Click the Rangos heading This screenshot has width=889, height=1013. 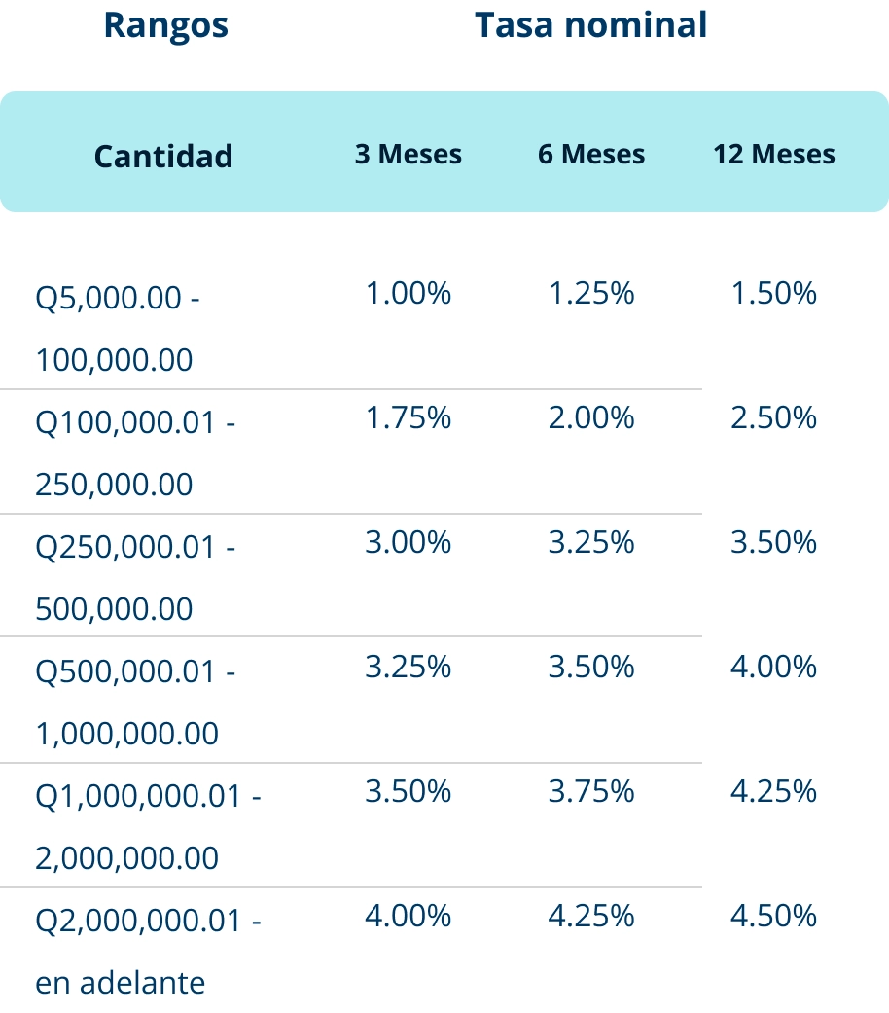coord(166,26)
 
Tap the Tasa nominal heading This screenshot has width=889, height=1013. coord(590,25)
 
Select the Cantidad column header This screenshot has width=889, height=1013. coord(163,157)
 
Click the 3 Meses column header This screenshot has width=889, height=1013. coord(408,155)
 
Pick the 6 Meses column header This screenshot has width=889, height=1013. coord(591,155)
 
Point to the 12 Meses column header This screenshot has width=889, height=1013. coord(774,155)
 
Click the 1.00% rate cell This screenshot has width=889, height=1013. coord(408,293)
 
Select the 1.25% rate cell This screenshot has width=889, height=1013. coord(591,293)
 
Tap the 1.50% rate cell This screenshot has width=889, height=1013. coord(773,293)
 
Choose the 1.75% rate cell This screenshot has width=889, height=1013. coord(408,418)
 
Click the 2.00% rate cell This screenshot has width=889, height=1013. coord(591,418)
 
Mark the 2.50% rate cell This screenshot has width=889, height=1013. coord(773,418)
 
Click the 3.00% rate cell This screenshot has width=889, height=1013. coord(408,542)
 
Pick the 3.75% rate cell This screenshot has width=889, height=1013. coord(591,791)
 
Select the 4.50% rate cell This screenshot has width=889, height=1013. coord(773,916)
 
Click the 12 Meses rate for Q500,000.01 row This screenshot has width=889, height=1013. coord(773,667)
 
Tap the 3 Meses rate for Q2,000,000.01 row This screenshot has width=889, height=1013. coord(408,916)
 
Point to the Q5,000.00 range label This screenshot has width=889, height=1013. coord(109,299)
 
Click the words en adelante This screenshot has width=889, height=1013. coord(120,983)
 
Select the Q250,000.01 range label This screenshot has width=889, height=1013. coord(125,548)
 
